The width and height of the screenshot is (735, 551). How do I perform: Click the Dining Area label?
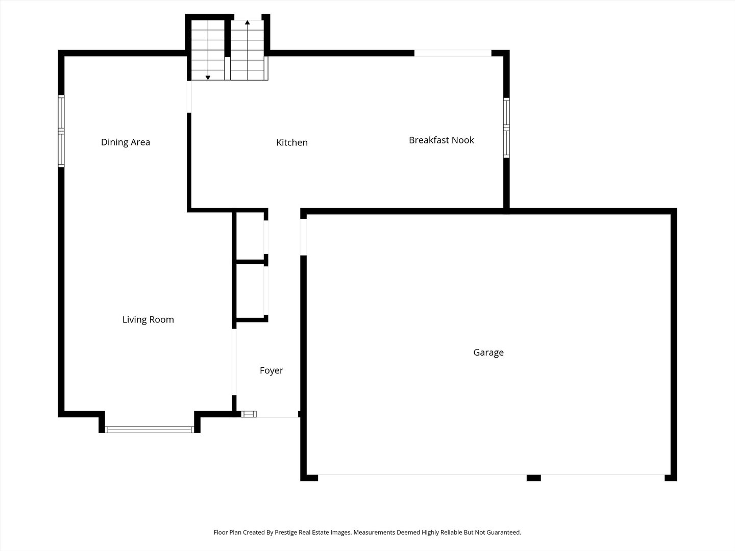[x=126, y=142]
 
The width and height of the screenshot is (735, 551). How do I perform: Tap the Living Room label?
[x=148, y=319]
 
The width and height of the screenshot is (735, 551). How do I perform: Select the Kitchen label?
[x=292, y=142]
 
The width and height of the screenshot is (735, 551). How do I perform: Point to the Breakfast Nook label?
[x=442, y=140]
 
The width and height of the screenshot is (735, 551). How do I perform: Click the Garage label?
[x=488, y=353]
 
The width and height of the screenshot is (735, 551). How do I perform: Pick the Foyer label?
[x=272, y=370]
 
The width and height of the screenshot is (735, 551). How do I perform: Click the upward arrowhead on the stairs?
[x=248, y=22]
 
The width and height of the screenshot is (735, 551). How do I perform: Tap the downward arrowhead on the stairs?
[x=208, y=78]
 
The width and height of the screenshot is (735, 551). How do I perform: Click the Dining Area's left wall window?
[x=61, y=131]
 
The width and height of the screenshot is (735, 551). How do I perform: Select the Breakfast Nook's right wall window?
[x=507, y=128]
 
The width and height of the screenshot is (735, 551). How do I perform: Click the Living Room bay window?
[x=150, y=430]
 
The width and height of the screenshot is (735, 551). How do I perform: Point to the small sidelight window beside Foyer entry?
[x=249, y=414]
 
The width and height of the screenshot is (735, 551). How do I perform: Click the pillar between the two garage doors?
[x=534, y=478]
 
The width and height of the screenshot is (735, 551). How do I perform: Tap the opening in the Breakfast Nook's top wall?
[x=453, y=53]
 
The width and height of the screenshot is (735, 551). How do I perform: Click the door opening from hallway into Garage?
[x=303, y=237]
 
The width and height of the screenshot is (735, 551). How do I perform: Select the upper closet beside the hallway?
[x=250, y=236]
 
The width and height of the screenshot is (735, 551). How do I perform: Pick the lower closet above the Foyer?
[x=250, y=291]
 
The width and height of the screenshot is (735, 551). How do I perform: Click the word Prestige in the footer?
[x=285, y=532]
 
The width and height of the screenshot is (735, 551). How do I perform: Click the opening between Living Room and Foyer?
[x=234, y=362]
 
